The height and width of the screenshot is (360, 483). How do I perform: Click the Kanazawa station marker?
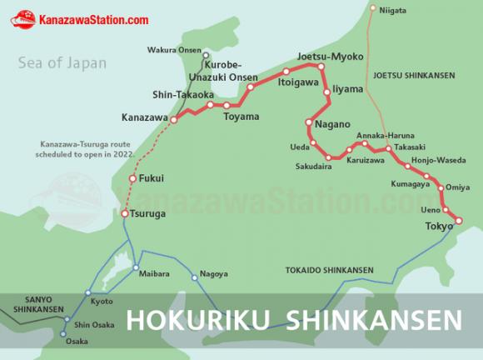pos(174,120)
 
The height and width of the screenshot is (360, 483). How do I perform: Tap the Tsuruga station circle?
pos(124,214)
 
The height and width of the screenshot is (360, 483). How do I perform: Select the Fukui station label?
pos(152,178)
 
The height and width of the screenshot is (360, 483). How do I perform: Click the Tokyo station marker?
pos(457,221)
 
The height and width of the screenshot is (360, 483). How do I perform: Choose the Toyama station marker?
pos(227,106)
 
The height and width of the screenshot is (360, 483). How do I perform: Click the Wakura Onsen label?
pos(173,50)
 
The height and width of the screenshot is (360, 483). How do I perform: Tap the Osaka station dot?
pos(63,335)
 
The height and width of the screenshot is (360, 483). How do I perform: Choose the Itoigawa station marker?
pos(286,72)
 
